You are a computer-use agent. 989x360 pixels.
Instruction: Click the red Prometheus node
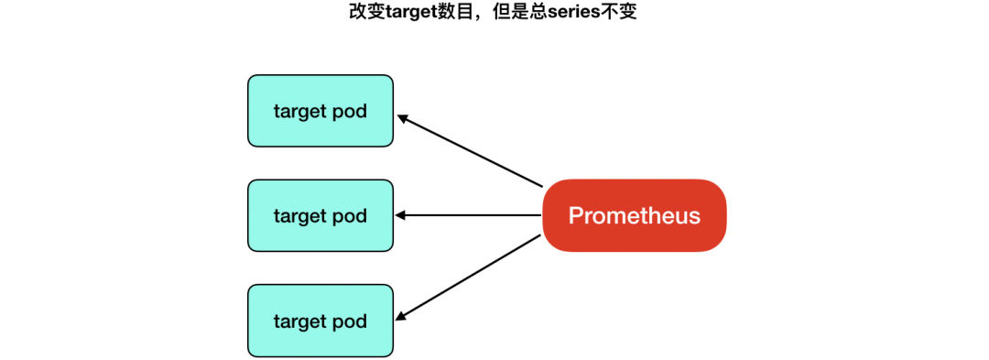tap(634, 216)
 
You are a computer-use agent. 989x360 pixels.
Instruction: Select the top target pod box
tap(320, 111)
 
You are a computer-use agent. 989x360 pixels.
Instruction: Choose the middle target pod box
tap(320, 216)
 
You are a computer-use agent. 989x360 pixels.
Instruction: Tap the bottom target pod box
tap(320, 322)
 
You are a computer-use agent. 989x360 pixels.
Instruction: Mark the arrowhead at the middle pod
tap(401, 216)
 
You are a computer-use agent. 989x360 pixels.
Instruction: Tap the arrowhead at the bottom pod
tap(402, 316)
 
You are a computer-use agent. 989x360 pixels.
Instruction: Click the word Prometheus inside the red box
tap(634, 216)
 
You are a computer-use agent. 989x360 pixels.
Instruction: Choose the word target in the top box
tap(300, 112)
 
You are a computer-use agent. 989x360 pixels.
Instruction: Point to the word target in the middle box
tap(300, 217)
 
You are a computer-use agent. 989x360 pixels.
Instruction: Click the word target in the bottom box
tap(300, 322)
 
